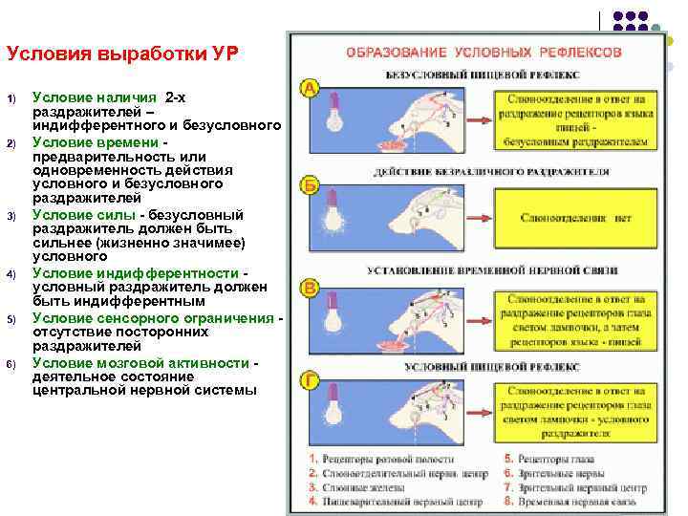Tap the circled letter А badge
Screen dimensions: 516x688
(x=311, y=88)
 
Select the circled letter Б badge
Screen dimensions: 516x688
(x=311, y=184)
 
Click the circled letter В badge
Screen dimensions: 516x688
(x=311, y=287)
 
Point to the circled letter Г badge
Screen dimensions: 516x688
(x=311, y=381)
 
